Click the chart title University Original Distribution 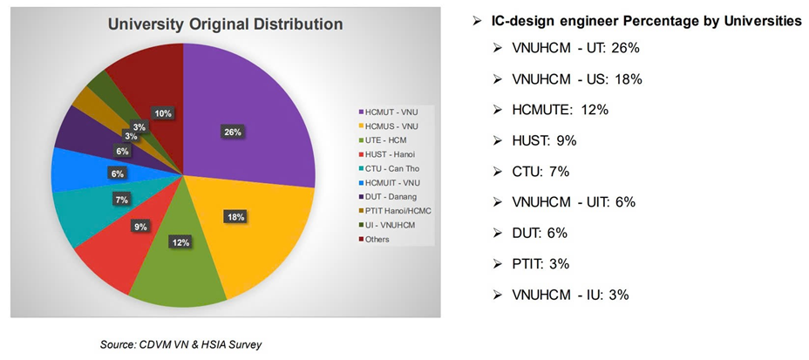click(x=225, y=24)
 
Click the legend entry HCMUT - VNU click(x=387, y=112)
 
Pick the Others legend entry click(x=377, y=238)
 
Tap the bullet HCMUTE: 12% click(x=561, y=110)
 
